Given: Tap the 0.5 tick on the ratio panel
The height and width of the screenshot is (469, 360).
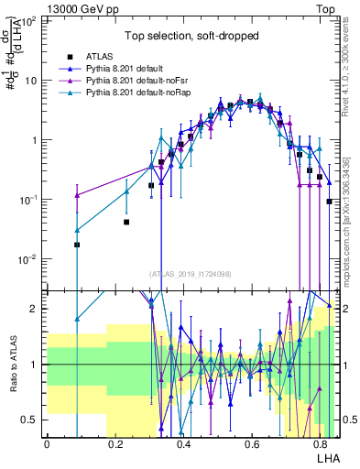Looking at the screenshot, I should (31, 420).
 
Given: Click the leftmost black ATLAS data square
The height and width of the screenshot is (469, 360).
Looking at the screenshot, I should (77, 245).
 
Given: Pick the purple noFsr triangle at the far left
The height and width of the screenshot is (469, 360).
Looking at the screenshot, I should (77, 195).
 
